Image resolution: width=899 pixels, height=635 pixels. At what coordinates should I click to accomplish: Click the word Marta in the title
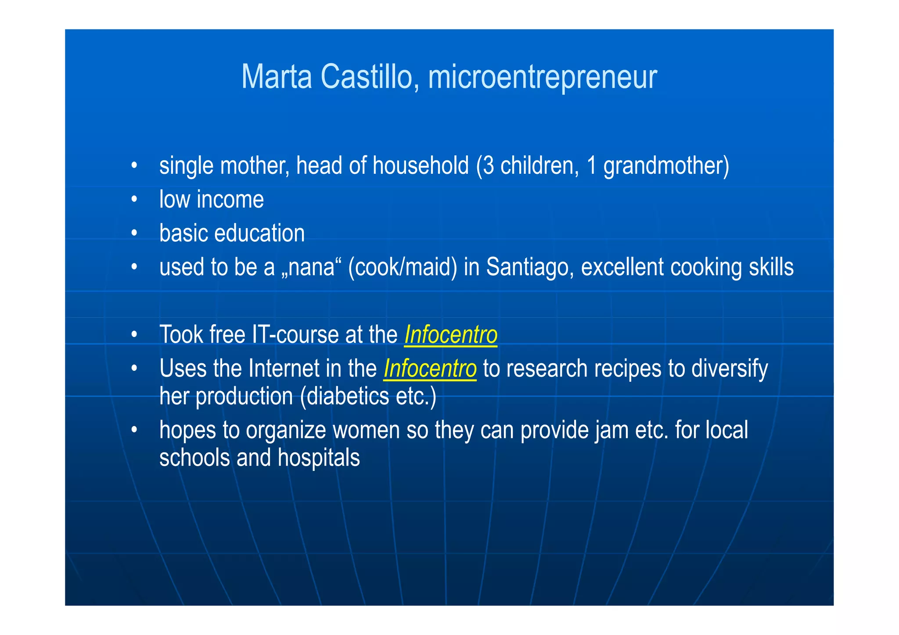tap(277, 77)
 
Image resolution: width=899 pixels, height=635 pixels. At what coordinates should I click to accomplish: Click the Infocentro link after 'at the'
tap(450, 335)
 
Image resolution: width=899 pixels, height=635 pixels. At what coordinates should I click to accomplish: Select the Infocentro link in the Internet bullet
tap(430, 369)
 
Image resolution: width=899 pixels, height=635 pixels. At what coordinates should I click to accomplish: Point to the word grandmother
tap(665, 166)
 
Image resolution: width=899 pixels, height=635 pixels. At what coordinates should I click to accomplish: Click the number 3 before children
tap(488, 166)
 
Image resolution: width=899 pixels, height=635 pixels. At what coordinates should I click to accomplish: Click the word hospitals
tap(319, 458)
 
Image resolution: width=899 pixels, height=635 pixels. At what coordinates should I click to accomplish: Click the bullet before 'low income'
tap(134, 200)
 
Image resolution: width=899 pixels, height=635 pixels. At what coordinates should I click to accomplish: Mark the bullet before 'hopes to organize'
tap(134, 430)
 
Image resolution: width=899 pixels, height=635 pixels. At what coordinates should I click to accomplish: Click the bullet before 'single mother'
tap(134, 166)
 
